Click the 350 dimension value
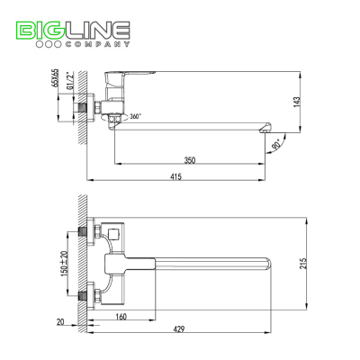tap(190, 160)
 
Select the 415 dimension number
tap(175, 176)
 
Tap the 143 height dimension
tap(296, 103)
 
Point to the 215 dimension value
tap(303, 264)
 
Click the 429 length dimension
tap(179, 329)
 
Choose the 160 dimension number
tap(121, 316)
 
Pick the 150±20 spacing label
tap(65, 263)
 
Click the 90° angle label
tap(276, 144)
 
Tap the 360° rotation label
tap(135, 116)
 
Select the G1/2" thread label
tap(69, 80)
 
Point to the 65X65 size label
tap(55, 77)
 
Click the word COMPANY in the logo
tap(97, 44)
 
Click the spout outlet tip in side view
tap(265, 129)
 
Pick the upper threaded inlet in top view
tap(83, 231)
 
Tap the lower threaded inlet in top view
tap(83, 295)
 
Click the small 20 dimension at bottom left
tap(60, 322)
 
